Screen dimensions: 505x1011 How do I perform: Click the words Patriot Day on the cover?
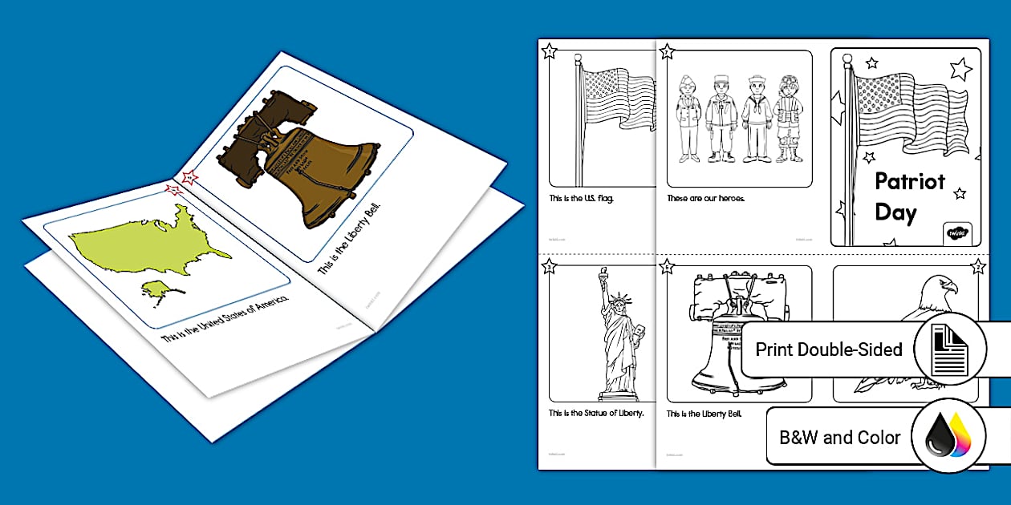908,197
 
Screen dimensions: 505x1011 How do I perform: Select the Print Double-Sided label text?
828,350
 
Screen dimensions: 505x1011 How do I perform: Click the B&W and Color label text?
839,438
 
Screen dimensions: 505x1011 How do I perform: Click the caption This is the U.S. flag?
582,198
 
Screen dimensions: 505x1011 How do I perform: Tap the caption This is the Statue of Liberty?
596,414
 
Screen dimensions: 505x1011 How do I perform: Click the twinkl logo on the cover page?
956,232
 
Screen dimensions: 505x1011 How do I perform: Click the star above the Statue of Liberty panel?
549,267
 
